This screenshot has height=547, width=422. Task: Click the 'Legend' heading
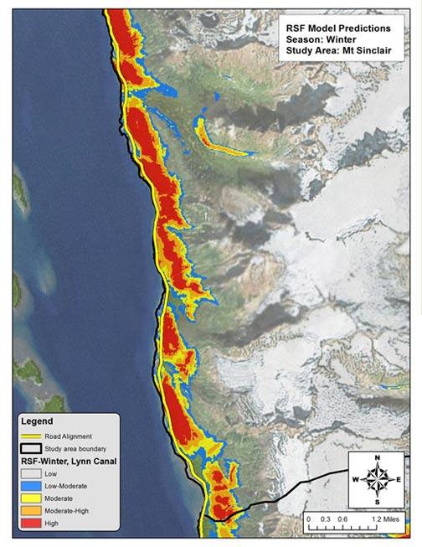click(36, 421)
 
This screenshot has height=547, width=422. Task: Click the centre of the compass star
click(378, 480)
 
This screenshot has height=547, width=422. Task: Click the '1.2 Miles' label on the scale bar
click(388, 519)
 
